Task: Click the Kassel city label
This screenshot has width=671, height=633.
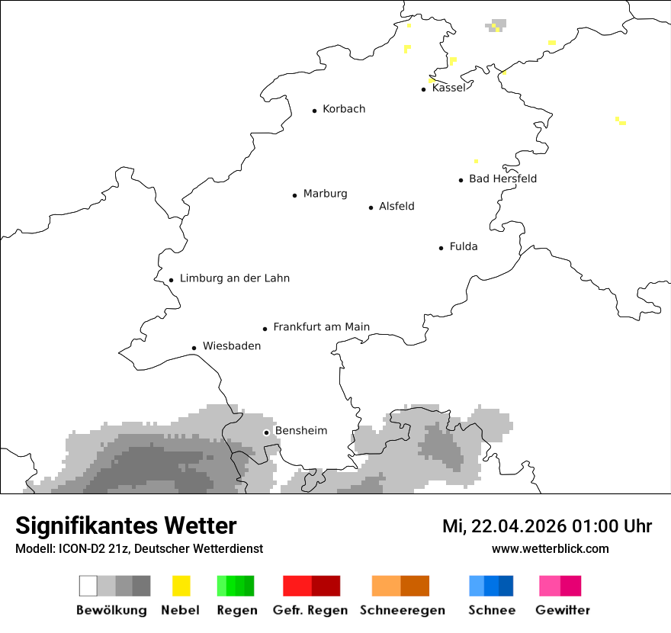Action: click(448, 88)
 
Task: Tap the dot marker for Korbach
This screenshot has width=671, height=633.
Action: click(314, 111)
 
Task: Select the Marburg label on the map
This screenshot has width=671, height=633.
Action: click(325, 194)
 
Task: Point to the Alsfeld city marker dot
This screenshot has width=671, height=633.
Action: click(371, 207)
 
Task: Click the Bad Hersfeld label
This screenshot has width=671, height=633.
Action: click(502, 178)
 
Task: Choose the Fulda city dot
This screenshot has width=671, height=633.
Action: click(441, 248)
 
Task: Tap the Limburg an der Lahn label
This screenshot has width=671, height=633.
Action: click(235, 278)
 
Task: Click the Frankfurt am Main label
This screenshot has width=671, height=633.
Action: click(321, 327)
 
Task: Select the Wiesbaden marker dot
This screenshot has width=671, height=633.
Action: click(194, 348)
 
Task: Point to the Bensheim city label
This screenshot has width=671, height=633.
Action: click(300, 431)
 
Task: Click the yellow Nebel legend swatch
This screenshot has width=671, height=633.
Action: click(181, 586)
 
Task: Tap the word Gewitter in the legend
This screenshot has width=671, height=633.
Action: click(563, 610)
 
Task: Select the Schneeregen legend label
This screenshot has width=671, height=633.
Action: click(403, 610)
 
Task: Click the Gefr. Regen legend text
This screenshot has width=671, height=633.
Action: click(310, 610)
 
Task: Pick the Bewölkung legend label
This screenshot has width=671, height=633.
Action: click(111, 610)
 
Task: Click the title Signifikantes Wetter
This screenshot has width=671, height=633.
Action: click(126, 526)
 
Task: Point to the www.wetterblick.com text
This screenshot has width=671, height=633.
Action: click(550, 548)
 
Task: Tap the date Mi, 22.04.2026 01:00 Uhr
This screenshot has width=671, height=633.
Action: click(547, 526)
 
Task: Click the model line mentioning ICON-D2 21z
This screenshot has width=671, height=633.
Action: click(139, 549)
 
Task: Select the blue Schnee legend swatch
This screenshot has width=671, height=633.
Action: click(490, 586)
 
